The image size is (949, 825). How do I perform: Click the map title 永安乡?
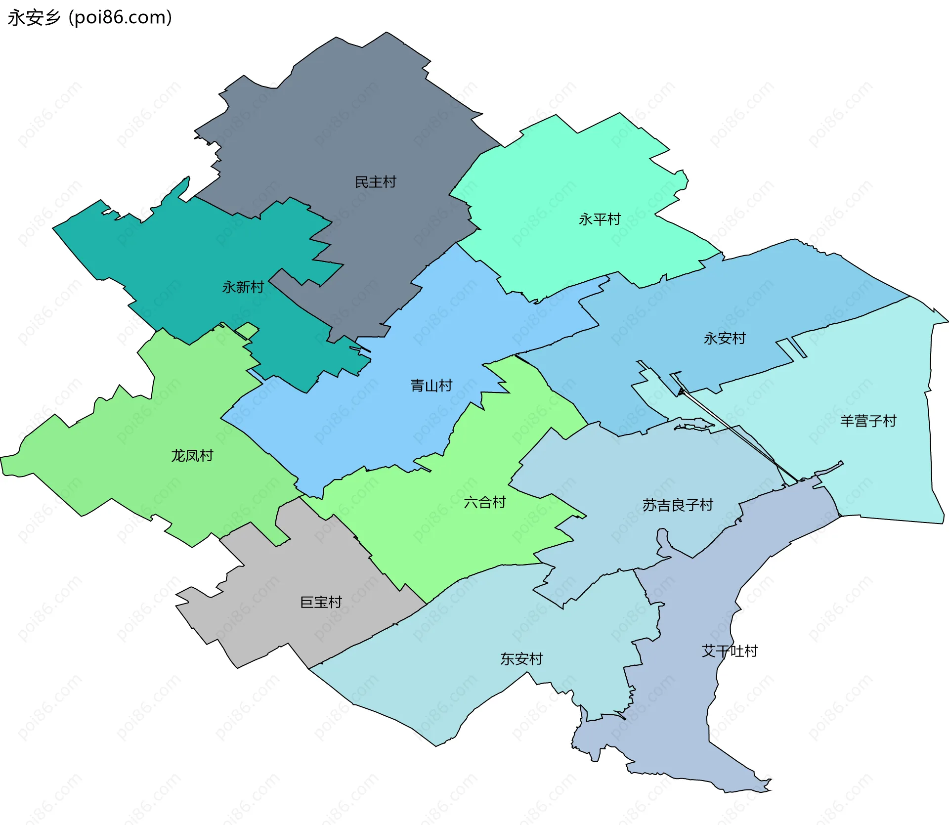coord(34,18)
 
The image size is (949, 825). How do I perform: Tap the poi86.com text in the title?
coord(120,18)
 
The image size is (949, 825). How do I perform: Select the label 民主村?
coord(375,182)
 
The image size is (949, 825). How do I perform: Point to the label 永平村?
coord(600,219)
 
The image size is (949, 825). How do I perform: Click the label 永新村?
coord(243,287)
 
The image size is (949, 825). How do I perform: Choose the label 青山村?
coord(431,386)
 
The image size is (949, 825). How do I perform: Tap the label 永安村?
coord(724,339)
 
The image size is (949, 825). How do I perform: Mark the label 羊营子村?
coord(868,421)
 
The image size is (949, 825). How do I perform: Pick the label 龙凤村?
coord(192,456)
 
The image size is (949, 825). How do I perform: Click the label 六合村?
coord(484,503)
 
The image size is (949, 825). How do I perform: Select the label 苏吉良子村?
coord(677,505)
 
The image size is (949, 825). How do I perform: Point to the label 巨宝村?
coord(321,602)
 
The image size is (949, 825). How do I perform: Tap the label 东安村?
coord(521,659)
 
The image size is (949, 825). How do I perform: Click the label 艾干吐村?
coord(730,651)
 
